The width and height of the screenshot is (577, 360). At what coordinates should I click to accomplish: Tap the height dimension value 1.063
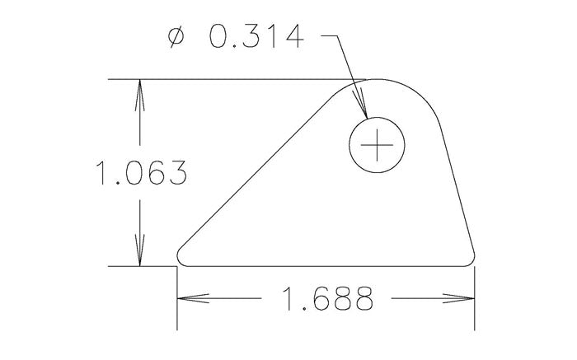[139, 174]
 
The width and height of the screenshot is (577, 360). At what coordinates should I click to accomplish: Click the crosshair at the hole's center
[378, 146]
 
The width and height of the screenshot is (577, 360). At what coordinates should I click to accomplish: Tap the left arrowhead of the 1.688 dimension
[190, 299]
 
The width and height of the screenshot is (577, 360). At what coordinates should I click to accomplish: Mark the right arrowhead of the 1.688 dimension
[464, 299]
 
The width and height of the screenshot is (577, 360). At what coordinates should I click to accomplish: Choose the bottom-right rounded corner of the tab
[472, 257]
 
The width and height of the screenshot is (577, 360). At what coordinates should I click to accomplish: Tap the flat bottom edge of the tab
[330, 267]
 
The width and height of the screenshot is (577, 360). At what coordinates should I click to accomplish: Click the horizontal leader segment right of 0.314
[330, 37]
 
